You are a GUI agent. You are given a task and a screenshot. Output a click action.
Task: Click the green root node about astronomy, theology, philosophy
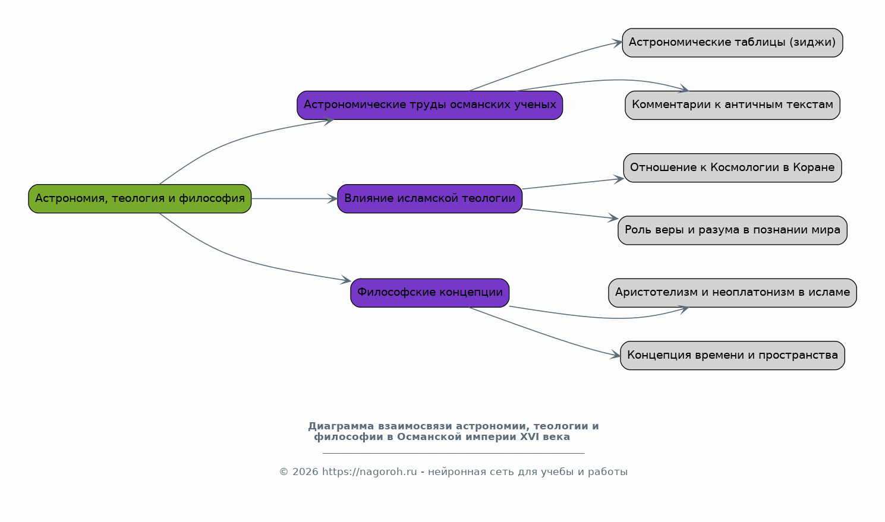click(x=140, y=198)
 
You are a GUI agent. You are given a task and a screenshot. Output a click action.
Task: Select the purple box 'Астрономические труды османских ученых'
click(x=430, y=105)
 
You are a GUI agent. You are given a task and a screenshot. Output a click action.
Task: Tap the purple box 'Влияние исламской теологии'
click(x=430, y=198)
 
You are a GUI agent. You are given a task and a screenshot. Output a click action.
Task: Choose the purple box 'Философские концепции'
click(x=430, y=293)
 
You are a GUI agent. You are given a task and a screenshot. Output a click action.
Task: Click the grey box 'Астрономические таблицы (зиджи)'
click(x=732, y=43)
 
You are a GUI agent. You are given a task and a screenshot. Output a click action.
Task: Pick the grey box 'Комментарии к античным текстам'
click(x=732, y=105)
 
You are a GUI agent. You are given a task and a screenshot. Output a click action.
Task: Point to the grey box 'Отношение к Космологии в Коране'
click(x=732, y=168)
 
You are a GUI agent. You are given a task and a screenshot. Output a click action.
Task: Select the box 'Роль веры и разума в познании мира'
click(x=732, y=230)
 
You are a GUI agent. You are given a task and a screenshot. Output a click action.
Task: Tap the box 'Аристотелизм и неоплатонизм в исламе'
click(x=732, y=293)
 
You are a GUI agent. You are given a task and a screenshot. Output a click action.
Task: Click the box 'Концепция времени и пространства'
click(x=732, y=355)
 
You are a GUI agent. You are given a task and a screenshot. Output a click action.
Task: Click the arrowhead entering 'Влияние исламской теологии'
click(x=332, y=198)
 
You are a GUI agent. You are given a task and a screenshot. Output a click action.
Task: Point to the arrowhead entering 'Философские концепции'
click(x=346, y=280)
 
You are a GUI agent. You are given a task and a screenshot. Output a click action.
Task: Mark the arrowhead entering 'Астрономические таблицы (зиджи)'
click(x=617, y=43)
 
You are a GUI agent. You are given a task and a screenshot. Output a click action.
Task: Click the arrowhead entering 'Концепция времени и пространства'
click(x=615, y=354)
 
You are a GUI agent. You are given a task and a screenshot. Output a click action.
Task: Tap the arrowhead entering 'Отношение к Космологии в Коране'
click(x=618, y=179)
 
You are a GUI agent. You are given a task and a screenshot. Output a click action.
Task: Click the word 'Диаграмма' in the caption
click(x=341, y=426)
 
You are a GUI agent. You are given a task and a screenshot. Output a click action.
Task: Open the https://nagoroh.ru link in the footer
click(x=370, y=472)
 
